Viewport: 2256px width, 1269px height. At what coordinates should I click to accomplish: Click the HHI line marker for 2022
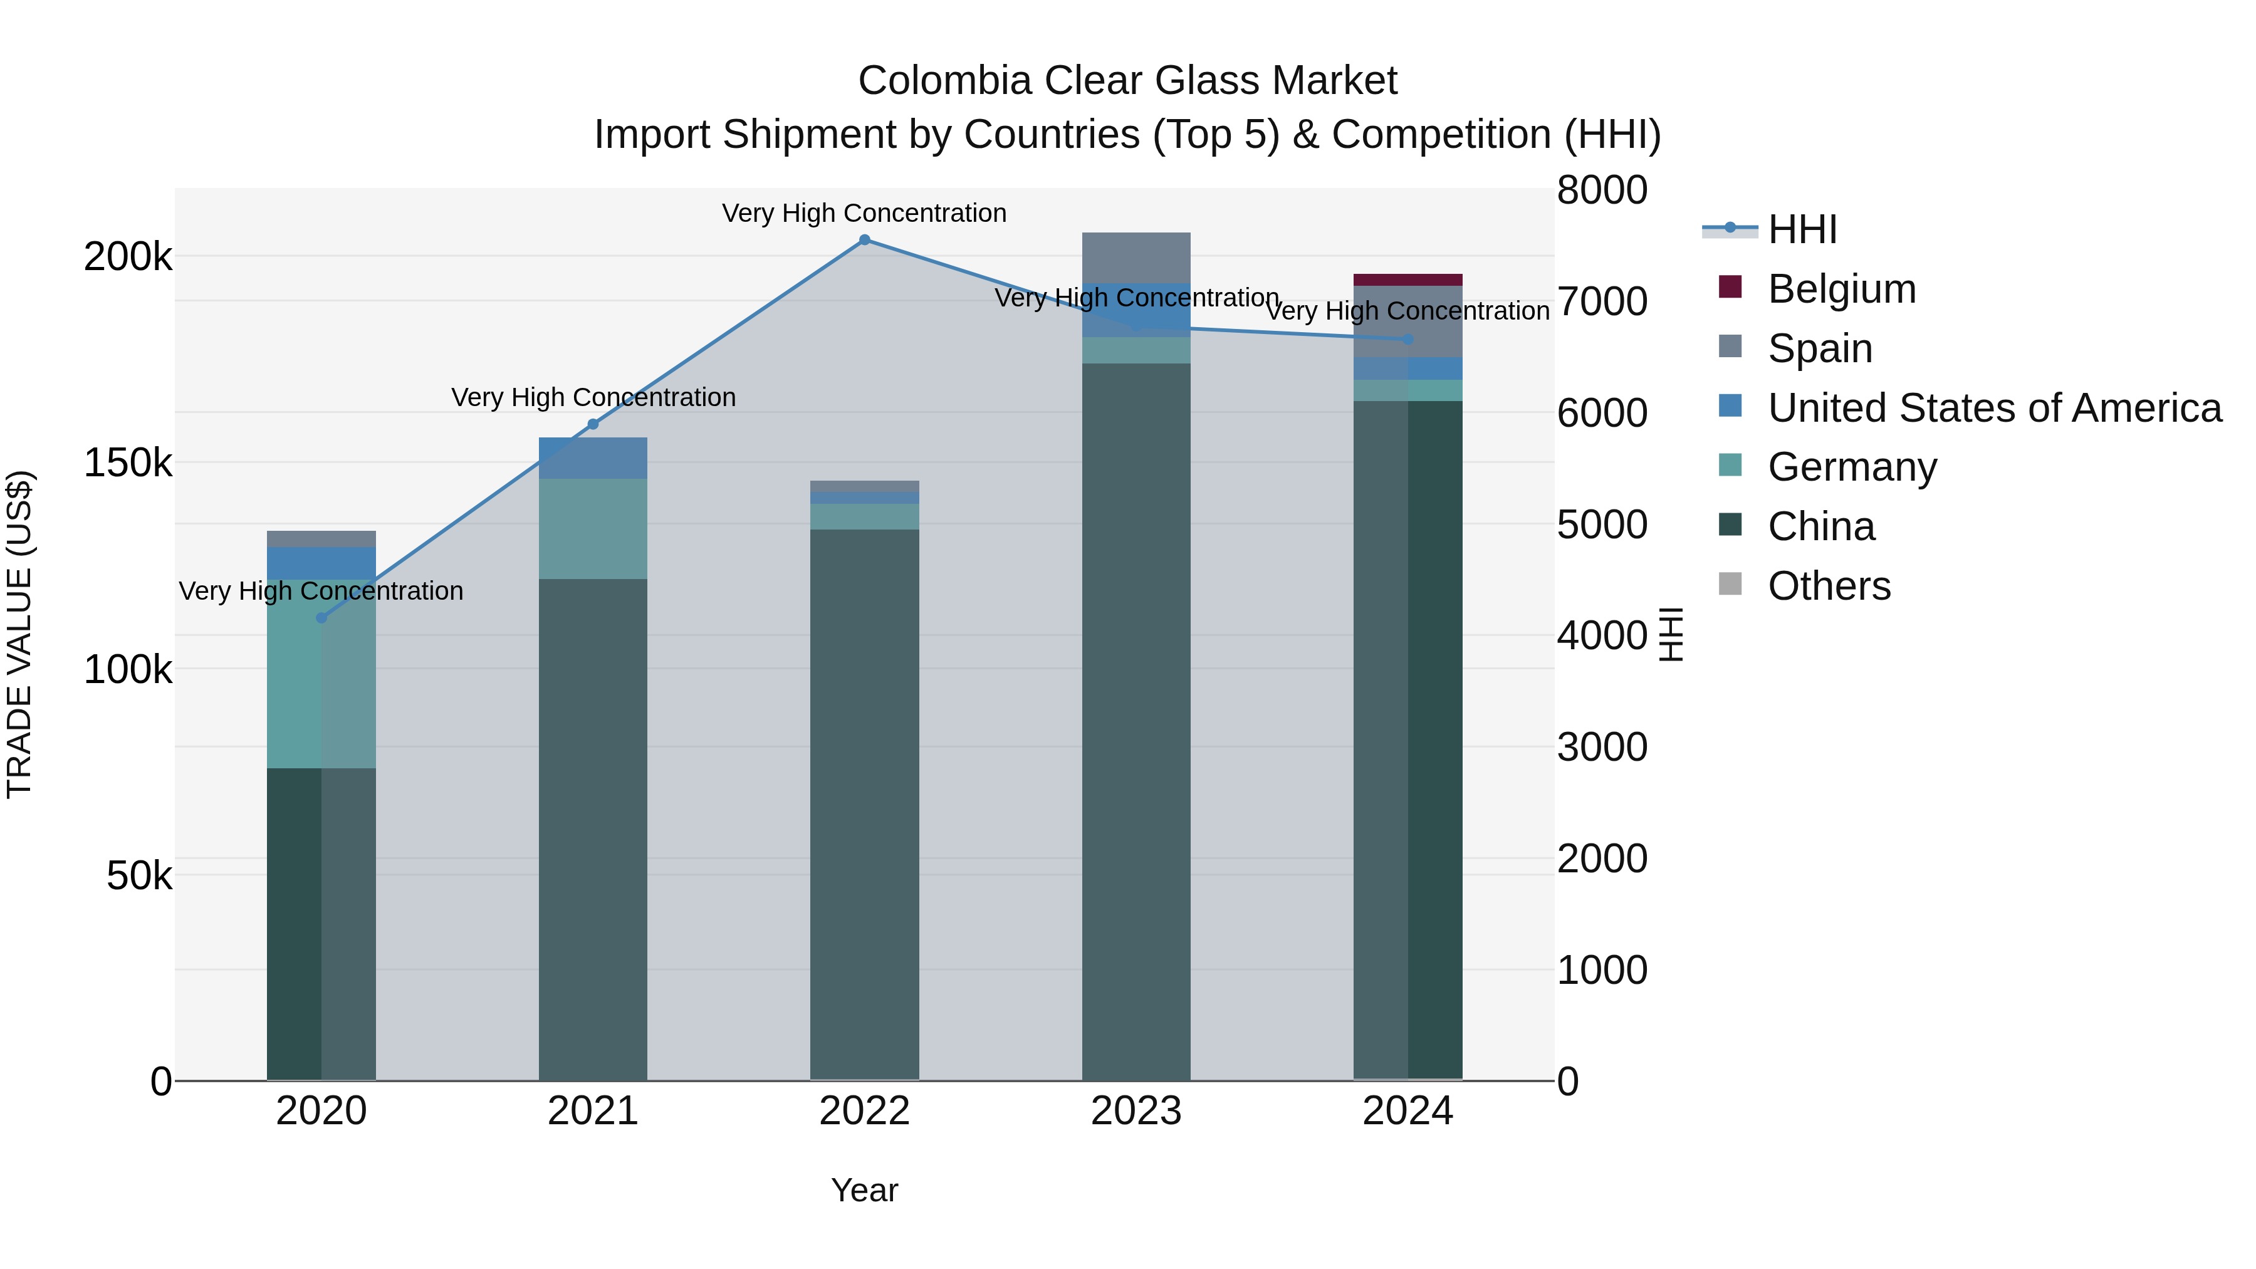(x=864, y=240)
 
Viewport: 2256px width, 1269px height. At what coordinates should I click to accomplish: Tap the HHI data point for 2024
(x=1407, y=340)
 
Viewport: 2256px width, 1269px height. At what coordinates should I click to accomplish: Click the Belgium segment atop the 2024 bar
(x=1407, y=280)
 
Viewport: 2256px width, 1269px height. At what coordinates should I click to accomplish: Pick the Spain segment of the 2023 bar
(x=1136, y=258)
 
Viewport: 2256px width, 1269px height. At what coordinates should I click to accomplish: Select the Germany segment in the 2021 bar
(x=593, y=529)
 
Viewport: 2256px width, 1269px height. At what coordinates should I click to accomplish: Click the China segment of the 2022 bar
(x=864, y=804)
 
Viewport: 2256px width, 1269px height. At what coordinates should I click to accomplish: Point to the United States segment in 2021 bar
(x=593, y=458)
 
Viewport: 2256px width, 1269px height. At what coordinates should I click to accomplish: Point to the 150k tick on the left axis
(x=128, y=463)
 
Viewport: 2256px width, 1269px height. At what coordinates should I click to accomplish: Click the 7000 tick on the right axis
(x=1602, y=301)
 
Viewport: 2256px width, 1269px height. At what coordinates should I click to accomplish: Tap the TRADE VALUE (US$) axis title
(x=19, y=634)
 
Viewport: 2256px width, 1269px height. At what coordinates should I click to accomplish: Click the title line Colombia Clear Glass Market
(x=1127, y=81)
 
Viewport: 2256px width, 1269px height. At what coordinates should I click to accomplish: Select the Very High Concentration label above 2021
(x=593, y=397)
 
